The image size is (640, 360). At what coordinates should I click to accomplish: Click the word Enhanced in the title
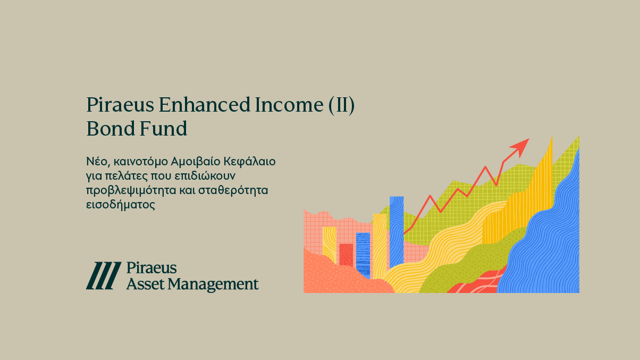pos(205,105)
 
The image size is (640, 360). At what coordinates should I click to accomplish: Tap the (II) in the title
pos(341,105)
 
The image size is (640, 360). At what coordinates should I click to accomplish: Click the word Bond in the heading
pos(111,129)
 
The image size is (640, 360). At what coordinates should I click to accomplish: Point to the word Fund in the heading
pos(163,129)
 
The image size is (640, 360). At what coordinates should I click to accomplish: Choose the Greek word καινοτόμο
pos(140,162)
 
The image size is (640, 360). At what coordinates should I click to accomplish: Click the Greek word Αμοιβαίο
pos(196,162)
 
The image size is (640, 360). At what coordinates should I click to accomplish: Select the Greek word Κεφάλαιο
pos(250,162)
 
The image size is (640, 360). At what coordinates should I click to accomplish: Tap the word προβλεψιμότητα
pos(131,190)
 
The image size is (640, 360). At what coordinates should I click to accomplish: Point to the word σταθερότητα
pos(233,190)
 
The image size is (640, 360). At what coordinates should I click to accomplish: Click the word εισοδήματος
pos(121,205)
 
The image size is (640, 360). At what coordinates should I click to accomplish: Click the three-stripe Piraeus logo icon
pos(104,275)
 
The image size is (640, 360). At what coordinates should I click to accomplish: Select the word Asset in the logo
pos(145,284)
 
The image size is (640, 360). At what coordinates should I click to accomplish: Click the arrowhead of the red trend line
pos(520,147)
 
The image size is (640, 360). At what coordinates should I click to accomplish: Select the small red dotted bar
pos(346,255)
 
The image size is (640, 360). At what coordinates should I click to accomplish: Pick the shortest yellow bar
pos(330,245)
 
